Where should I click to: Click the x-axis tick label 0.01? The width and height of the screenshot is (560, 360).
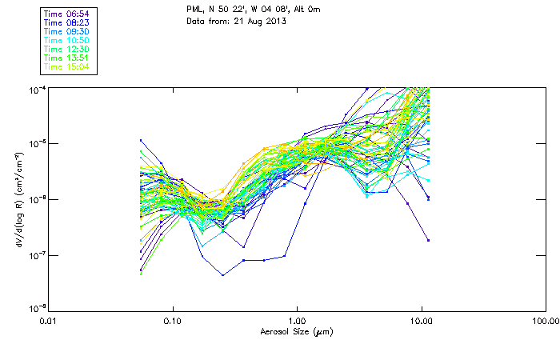click(48, 320)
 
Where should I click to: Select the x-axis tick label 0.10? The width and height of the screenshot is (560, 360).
click(173, 320)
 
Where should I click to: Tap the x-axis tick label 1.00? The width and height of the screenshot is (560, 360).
click(298, 320)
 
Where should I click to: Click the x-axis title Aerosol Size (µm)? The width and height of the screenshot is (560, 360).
click(297, 331)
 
